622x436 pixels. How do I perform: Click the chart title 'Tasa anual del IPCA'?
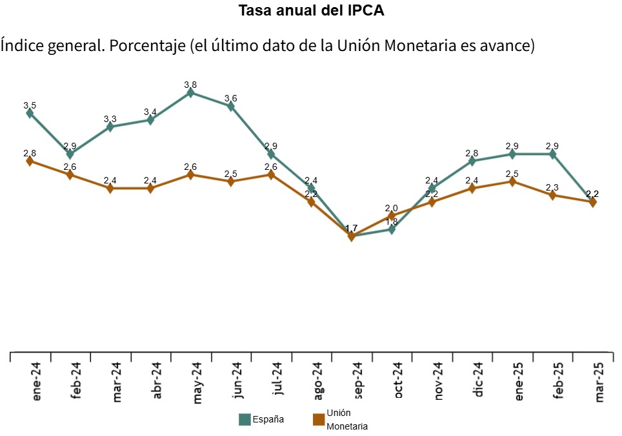tap(311, 11)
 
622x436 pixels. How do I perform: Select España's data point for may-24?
tap(190, 93)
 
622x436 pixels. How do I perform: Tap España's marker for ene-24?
tap(30, 113)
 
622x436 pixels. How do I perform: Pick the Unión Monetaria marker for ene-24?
tap(30, 161)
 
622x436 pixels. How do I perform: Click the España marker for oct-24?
tap(392, 229)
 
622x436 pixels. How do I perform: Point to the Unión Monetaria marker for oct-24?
tap(392, 216)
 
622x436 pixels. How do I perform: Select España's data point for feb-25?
tap(552, 154)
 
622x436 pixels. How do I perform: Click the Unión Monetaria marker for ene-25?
tap(512, 182)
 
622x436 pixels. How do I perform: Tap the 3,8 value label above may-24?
tap(190, 85)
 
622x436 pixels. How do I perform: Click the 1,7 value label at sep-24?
tap(352, 229)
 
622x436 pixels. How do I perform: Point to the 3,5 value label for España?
tap(30, 105)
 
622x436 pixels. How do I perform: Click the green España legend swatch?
tap(245, 420)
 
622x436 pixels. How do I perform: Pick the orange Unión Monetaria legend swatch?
tap(318, 420)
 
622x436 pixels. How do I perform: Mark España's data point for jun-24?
tap(230, 107)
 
